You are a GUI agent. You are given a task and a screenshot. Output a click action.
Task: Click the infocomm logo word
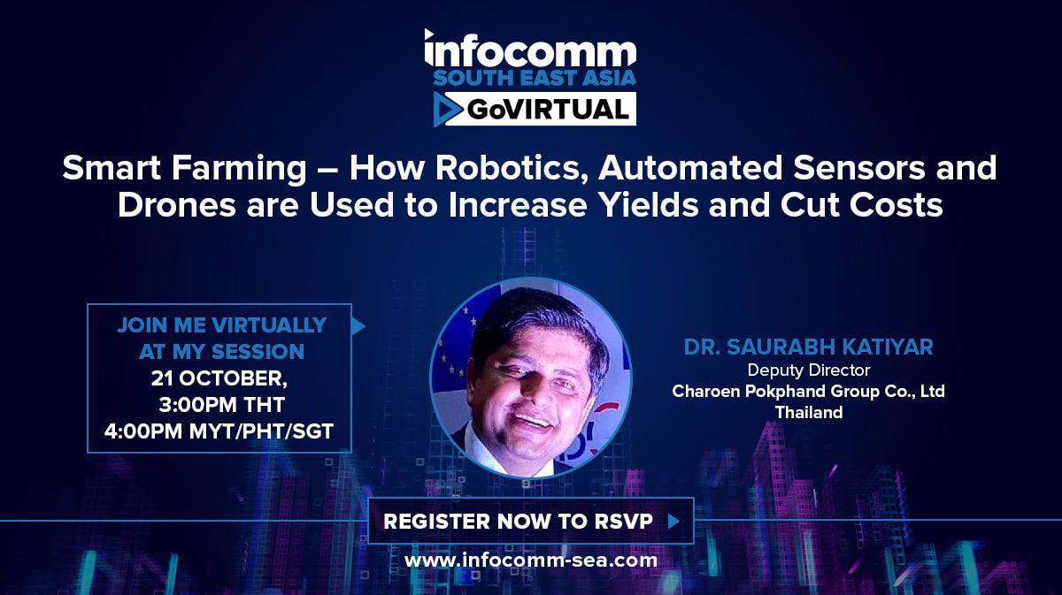coord(530,50)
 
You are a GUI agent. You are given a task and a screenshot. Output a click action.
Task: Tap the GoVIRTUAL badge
coord(535,110)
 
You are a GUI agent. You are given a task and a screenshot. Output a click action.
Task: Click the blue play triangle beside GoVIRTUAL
coord(447,110)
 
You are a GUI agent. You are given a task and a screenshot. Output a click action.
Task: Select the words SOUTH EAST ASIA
coord(535,78)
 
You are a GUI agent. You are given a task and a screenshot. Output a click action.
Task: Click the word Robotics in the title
coord(508,168)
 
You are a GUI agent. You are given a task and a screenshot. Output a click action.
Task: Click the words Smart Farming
coord(184,169)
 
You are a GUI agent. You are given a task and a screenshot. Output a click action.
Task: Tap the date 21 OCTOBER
coord(219,378)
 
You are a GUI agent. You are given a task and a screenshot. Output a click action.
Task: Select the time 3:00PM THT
coord(222,405)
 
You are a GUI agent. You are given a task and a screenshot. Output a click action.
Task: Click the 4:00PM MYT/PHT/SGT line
coord(219,431)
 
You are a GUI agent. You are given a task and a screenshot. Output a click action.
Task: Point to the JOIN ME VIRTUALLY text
coord(222,325)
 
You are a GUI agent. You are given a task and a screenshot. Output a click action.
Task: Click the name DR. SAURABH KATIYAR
coord(809,347)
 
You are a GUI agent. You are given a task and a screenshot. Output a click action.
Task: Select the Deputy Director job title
coord(809,370)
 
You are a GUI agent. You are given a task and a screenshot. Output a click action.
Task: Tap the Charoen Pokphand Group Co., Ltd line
coord(809,392)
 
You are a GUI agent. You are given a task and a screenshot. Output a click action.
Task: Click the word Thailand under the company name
coord(809,412)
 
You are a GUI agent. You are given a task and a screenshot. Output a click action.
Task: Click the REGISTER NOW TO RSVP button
coord(531,521)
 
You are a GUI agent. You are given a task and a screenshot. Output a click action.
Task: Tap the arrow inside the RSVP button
coord(673,521)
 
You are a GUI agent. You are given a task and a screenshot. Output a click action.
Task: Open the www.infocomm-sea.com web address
coord(531,561)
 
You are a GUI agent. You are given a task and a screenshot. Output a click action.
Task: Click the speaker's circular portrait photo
coord(531,378)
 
